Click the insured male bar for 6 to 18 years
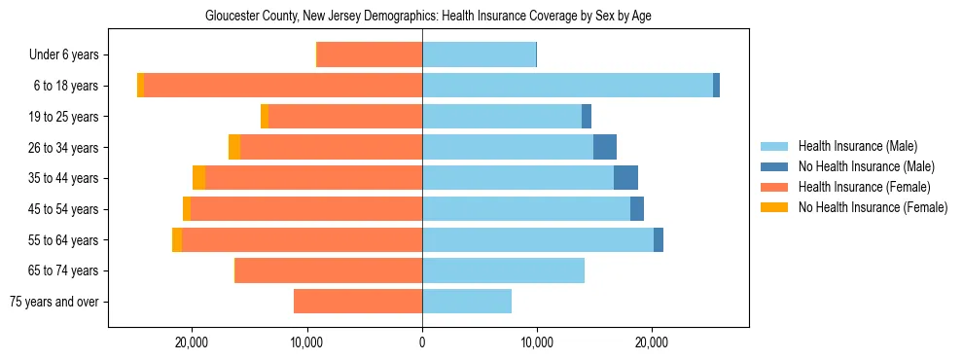[x=567, y=86]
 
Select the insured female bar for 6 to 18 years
[x=282, y=86]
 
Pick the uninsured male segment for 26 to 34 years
[x=605, y=147]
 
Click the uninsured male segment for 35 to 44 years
[x=625, y=178]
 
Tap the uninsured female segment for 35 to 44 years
[x=199, y=178]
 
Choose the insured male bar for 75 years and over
[x=467, y=302]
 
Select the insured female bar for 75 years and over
[x=358, y=302]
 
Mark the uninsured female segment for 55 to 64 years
[x=177, y=239]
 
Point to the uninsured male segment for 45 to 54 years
[x=637, y=209]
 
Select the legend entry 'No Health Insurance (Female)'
[x=873, y=207]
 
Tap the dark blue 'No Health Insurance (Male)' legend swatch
[x=774, y=166]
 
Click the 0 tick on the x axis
[x=422, y=343]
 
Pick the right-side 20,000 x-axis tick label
[x=651, y=343]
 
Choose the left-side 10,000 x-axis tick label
[x=307, y=343]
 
